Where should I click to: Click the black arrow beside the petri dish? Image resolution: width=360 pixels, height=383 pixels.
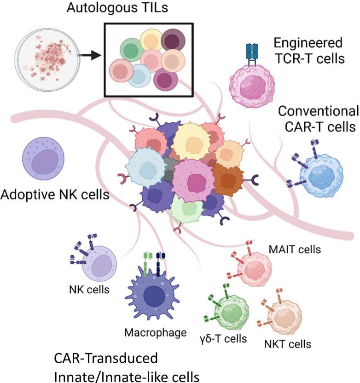click(x=92, y=55)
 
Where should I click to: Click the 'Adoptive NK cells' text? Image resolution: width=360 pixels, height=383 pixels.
click(x=55, y=195)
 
